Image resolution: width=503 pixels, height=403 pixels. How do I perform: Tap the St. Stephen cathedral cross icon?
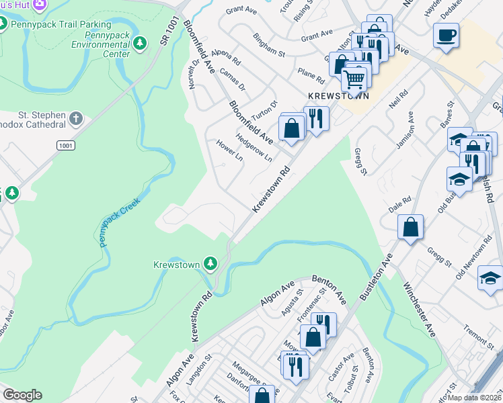(76, 119)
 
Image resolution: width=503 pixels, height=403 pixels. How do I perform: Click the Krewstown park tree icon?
(210, 263)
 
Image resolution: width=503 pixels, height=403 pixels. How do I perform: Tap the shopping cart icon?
(354, 79)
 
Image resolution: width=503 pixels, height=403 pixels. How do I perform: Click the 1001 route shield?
(66, 145)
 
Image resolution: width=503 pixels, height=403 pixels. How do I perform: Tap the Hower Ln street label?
(229, 151)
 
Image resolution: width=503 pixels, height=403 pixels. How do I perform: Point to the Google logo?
(22, 395)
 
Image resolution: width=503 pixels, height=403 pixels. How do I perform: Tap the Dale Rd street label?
(399, 205)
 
